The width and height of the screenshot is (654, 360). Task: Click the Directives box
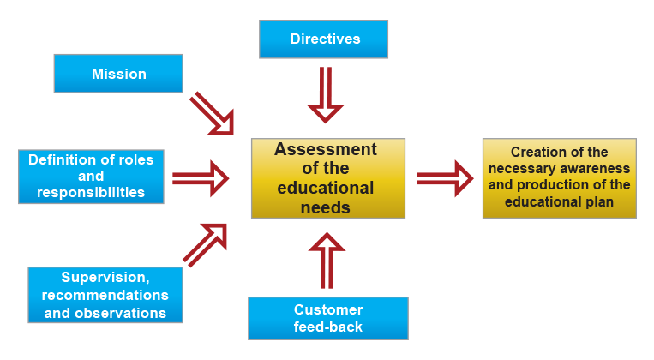point(323,39)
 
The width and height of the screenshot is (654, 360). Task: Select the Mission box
point(118,74)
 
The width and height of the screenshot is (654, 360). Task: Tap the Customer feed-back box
point(328,318)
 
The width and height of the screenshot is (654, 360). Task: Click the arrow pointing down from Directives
point(326,94)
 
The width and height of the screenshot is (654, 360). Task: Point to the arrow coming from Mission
point(213,114)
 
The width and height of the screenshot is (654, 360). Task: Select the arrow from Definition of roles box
point(201,178)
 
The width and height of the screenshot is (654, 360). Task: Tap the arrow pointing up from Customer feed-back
point(327,261)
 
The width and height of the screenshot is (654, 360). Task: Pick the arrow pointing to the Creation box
point(445,178)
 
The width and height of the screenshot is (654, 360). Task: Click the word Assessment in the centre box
point(326,149)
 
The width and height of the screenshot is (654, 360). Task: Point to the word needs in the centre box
point(326,207)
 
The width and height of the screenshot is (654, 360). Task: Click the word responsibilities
point(91,192)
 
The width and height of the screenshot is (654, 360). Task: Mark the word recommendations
point(105,296)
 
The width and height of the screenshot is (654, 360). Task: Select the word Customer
point(328,309)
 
